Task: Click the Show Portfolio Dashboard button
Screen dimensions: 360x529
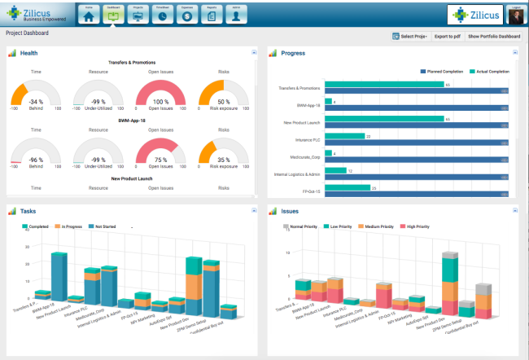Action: (x=493, y=37)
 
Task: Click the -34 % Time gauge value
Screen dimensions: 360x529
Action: (x=35, y=102)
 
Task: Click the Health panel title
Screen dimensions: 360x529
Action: (x=28, y=53)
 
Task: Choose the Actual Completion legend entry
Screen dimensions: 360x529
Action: (x=493, y=72)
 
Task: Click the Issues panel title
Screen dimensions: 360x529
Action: (x=291, y=211)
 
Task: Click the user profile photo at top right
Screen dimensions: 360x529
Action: (x=514, y=16)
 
